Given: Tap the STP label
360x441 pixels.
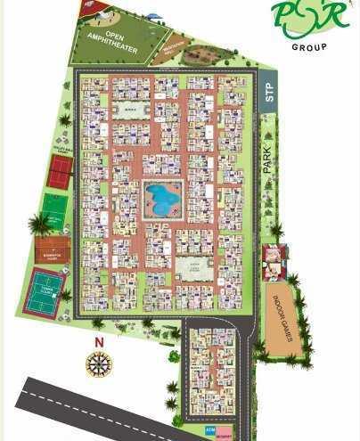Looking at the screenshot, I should point(269,93).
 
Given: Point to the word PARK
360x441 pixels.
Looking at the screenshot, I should point(266,159).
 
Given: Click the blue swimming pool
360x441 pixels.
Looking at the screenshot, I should point(162,198).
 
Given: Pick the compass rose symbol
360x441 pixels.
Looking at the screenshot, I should point(98,364).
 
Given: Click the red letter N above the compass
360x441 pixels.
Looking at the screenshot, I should point(100,342).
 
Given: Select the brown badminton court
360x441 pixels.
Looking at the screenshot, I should point(53,249).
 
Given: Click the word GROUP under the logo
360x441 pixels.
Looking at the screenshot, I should point(309,46).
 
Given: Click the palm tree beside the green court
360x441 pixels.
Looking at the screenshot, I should point(38,223).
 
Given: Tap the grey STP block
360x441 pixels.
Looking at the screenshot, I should point(269,93).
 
